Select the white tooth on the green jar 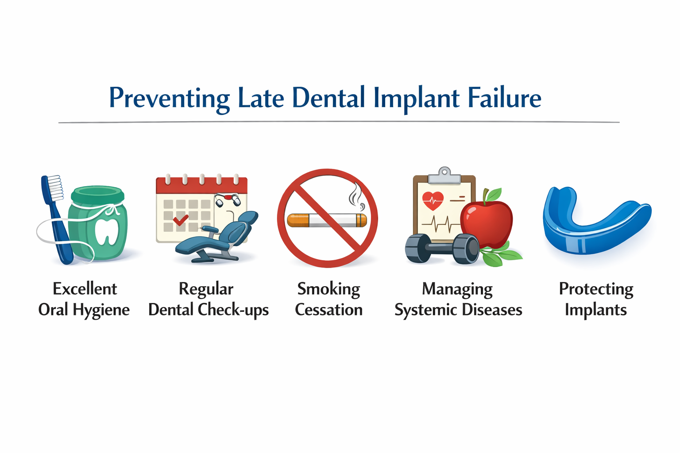(x=107, y=231)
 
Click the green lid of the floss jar (x=97, y=195)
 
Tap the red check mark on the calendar (x=180, y=219)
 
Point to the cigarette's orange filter (x=298, y=220)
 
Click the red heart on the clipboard (x=433, y=200)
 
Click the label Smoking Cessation (x=328, y=299)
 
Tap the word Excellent (x=85, y=289)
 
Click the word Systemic (x=425, y=310)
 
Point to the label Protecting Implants (x=596, y=299)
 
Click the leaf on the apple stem (x=494, y=194)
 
